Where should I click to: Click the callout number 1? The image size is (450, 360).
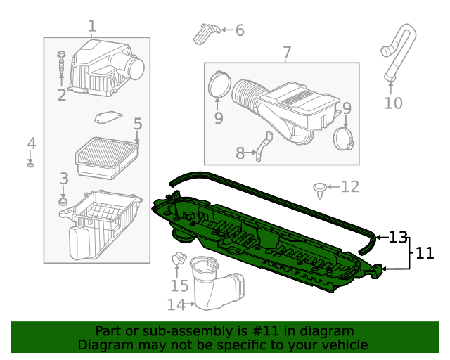92,27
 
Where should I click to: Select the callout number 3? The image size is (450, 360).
63,179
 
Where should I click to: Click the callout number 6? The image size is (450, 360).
240,30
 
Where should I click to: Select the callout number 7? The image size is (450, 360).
287,53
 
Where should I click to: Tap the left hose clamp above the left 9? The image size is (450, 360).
219,85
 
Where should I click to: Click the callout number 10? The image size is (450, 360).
393,103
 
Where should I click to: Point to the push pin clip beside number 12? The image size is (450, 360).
320,188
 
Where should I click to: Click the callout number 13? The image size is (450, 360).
398,238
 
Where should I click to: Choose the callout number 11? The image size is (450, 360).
425,253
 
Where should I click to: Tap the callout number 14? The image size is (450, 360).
176,304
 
